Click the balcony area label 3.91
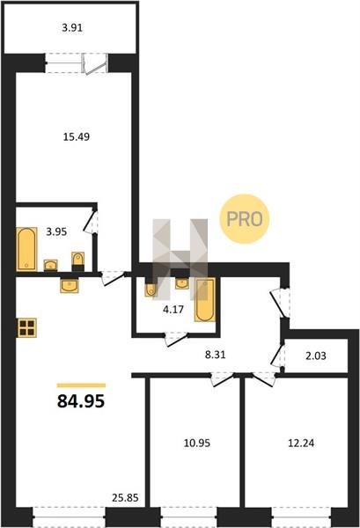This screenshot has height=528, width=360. pyautogui.click(x=72, y=27)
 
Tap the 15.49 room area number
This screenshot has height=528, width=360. pyautogui.click(x=77, y=136)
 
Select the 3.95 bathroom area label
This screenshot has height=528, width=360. pyautogui.click(x=56, y=231)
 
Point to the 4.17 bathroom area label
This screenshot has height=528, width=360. pyautogui.click(x=173, y=309)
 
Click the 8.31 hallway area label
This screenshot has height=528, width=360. pyautogui.click(x=215, y=355)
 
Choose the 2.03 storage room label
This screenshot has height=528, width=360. pyautogui.click(x=315, y=356)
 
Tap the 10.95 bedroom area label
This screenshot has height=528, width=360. pyautogui.click(x=196, y=443)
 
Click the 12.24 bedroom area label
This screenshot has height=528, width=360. pyautogui.click(x=301, y=443)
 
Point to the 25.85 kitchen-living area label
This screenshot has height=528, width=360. pyautogui.click(x=125, y=497)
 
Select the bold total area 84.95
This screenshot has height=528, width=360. pyautogui.click(x=81, y=400)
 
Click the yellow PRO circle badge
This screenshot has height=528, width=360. pyautogui.click(x=245, y=219)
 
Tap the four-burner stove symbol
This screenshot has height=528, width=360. pyautogui.click(x=27, y=327)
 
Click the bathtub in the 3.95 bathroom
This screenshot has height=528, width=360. pyautogui.click(x=26, y=249)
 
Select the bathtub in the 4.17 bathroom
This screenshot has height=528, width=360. pyautogui.click(x=205, y=300)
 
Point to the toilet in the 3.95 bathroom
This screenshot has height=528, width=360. pyautogui.click(x=77, y=261)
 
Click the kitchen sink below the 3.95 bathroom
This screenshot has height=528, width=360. pyautogui.click(x=70, y=285)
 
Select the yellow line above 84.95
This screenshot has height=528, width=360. pyautogui.click(x=81, y=385)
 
